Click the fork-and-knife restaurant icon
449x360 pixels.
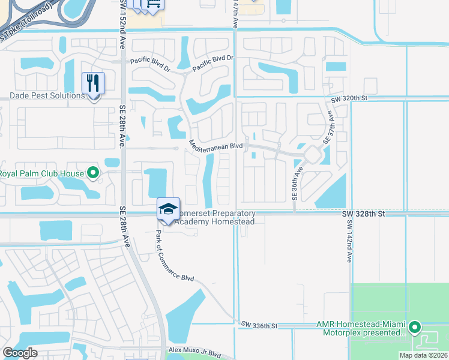(93, 83)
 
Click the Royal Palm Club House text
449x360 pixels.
(41, 174)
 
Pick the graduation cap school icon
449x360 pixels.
(169, 209)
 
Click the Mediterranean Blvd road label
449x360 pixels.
(215, 146)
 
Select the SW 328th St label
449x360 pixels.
(363, 214)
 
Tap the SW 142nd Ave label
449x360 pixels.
(349, 241)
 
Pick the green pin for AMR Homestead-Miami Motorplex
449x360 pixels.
(414, 328)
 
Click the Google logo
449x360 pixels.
(20, 353)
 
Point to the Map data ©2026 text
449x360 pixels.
(421, 355)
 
